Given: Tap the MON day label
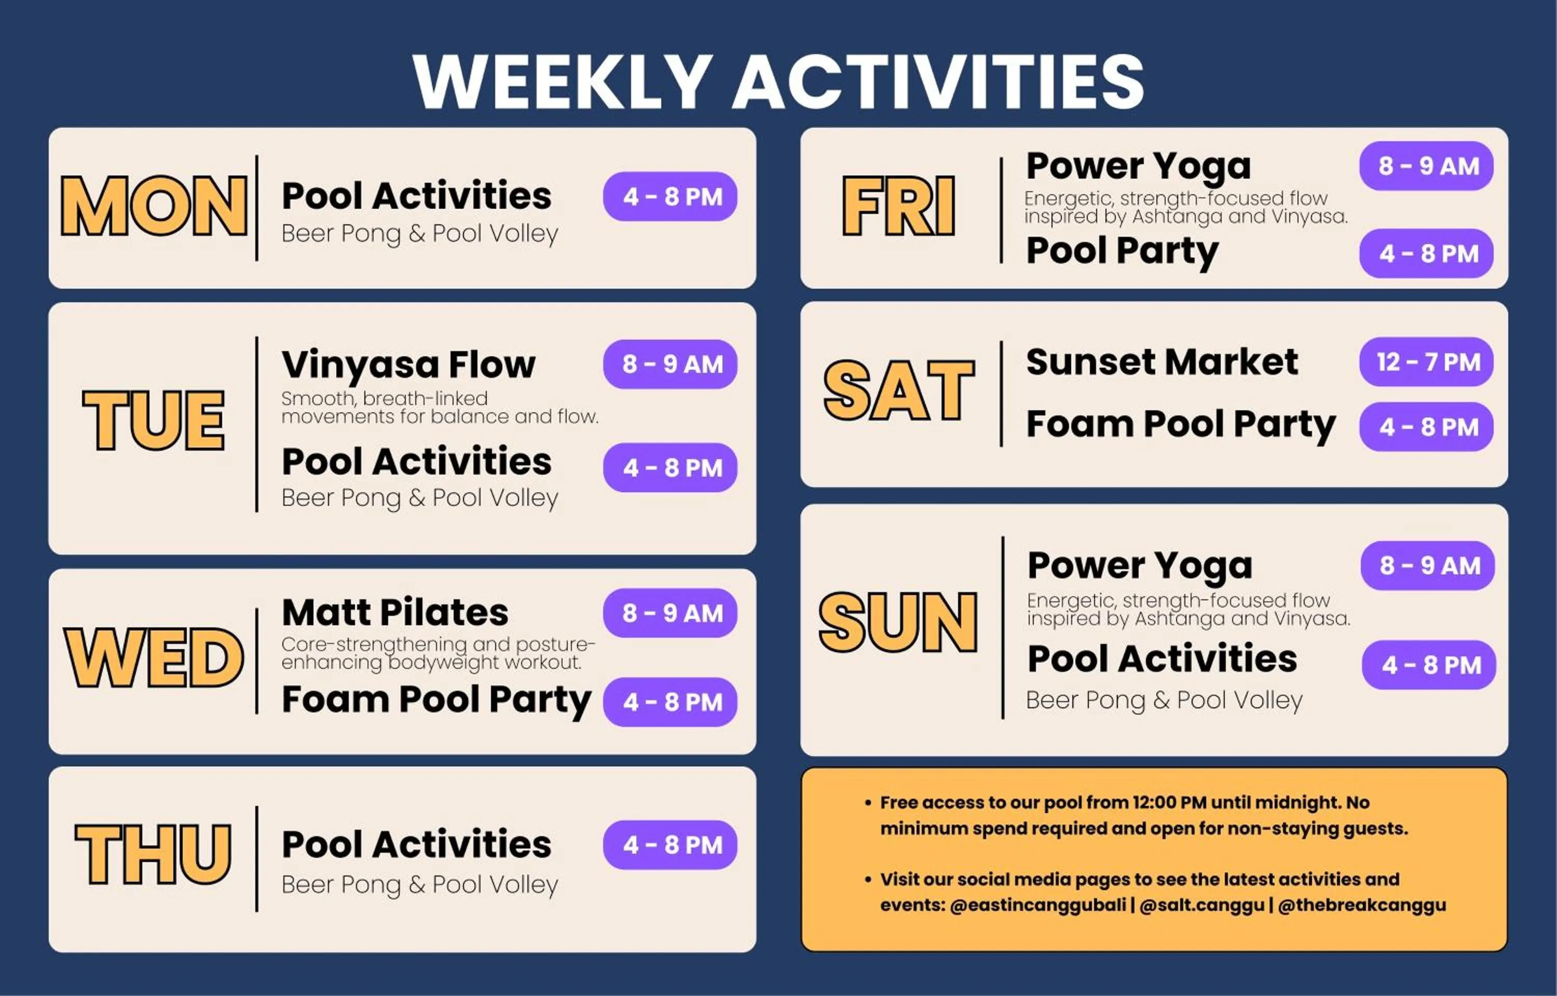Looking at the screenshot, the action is [154, 206].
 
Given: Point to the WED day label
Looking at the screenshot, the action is [154, 658].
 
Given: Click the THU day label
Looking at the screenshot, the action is [153, 854].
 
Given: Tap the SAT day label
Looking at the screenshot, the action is [899, 390].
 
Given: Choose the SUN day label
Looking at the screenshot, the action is [899, 622].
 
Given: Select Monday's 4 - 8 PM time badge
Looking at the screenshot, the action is [671, 197].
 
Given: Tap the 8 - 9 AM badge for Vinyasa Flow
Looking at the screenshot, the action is [671, 364].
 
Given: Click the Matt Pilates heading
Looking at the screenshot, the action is [395, 612].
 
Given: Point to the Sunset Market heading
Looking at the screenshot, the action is [1162, 361].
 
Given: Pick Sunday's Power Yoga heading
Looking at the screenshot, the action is [1140, 567].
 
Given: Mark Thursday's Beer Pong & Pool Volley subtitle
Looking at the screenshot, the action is [420, 885].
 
